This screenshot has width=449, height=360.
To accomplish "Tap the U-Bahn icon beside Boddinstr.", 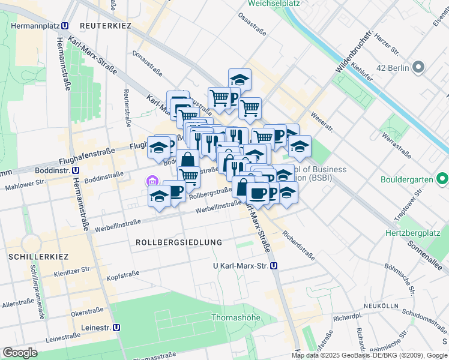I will pos(76,170).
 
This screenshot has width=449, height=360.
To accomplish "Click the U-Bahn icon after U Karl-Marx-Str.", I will pos(274,265).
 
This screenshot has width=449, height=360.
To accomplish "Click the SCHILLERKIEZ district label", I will pos(38,256).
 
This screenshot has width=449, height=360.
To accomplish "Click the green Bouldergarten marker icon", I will pos(443,179).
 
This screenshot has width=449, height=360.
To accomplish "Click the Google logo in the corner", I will pos(20,352).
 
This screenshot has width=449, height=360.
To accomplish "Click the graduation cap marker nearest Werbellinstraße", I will pos(159,196).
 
